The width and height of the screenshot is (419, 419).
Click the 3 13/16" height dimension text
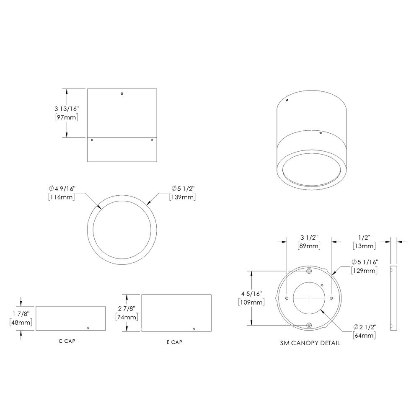[x=63, y=109]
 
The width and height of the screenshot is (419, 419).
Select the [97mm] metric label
[x=66, y=117]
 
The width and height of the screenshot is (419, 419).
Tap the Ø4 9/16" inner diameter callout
[x=62, y=188]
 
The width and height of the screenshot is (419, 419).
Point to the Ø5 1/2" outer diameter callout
[x=182, y=188]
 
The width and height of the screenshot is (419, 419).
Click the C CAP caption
[x=67, y=341]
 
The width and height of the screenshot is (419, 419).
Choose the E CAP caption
[x=174, y=342]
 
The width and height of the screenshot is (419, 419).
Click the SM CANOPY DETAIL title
[x=310, y=343]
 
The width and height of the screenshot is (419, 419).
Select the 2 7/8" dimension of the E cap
[x=126, y=308]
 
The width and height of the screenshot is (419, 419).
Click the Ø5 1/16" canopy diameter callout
[x=365, y=262]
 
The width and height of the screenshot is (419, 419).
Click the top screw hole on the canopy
[x=309, y=272]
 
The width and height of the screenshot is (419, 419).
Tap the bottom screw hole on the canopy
[x=309, y=325]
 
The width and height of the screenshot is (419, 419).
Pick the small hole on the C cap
[x=88, y=328]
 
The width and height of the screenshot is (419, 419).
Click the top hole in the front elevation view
[x=122, y=93]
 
